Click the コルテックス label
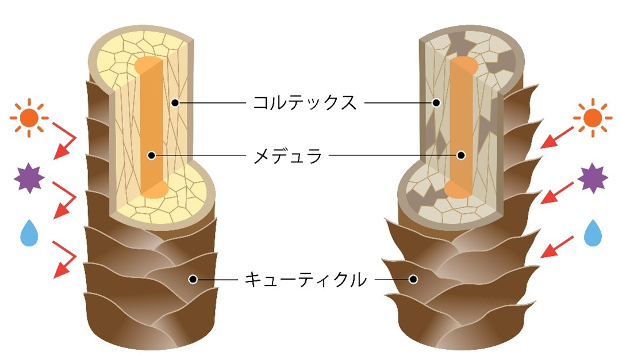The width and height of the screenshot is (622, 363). [305, 103]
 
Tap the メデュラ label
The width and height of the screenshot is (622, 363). [288, 155]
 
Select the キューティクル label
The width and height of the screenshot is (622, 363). [305, 280]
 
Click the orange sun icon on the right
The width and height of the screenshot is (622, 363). [593, 118]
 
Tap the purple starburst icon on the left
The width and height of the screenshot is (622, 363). [29, 179]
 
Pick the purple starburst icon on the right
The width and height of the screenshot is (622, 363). [593, 179]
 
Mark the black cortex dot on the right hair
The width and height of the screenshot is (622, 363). [436, 103]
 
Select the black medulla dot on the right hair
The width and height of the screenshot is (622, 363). [461, 155]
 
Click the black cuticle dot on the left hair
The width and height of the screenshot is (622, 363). [193, 280]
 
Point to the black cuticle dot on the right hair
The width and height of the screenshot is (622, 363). [413, 280]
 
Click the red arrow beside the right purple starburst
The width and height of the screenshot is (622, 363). [556, 192]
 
